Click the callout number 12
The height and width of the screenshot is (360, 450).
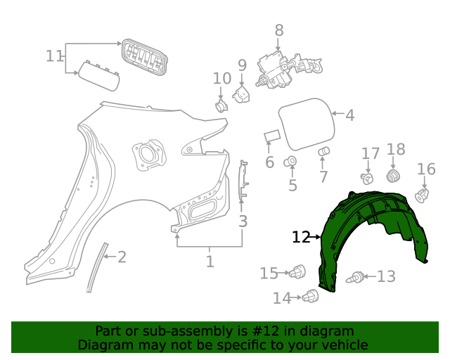click(x=300, y=238)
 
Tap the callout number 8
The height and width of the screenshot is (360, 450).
click(x=279, y=30)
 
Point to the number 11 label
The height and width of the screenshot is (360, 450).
click(x=54, y=56)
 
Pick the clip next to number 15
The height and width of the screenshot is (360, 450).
click(x=299, y=271)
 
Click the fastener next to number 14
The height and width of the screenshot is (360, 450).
click(x=310, y=298)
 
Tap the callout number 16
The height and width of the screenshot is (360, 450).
click(x=426, y=169)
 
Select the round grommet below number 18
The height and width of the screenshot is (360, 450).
click(x=394, y=175)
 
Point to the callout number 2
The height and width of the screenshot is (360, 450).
click(x=122, y=257)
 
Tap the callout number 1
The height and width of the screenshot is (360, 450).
click(x=210, y=262)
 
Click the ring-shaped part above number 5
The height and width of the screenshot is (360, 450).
click(x=290, y=163)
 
